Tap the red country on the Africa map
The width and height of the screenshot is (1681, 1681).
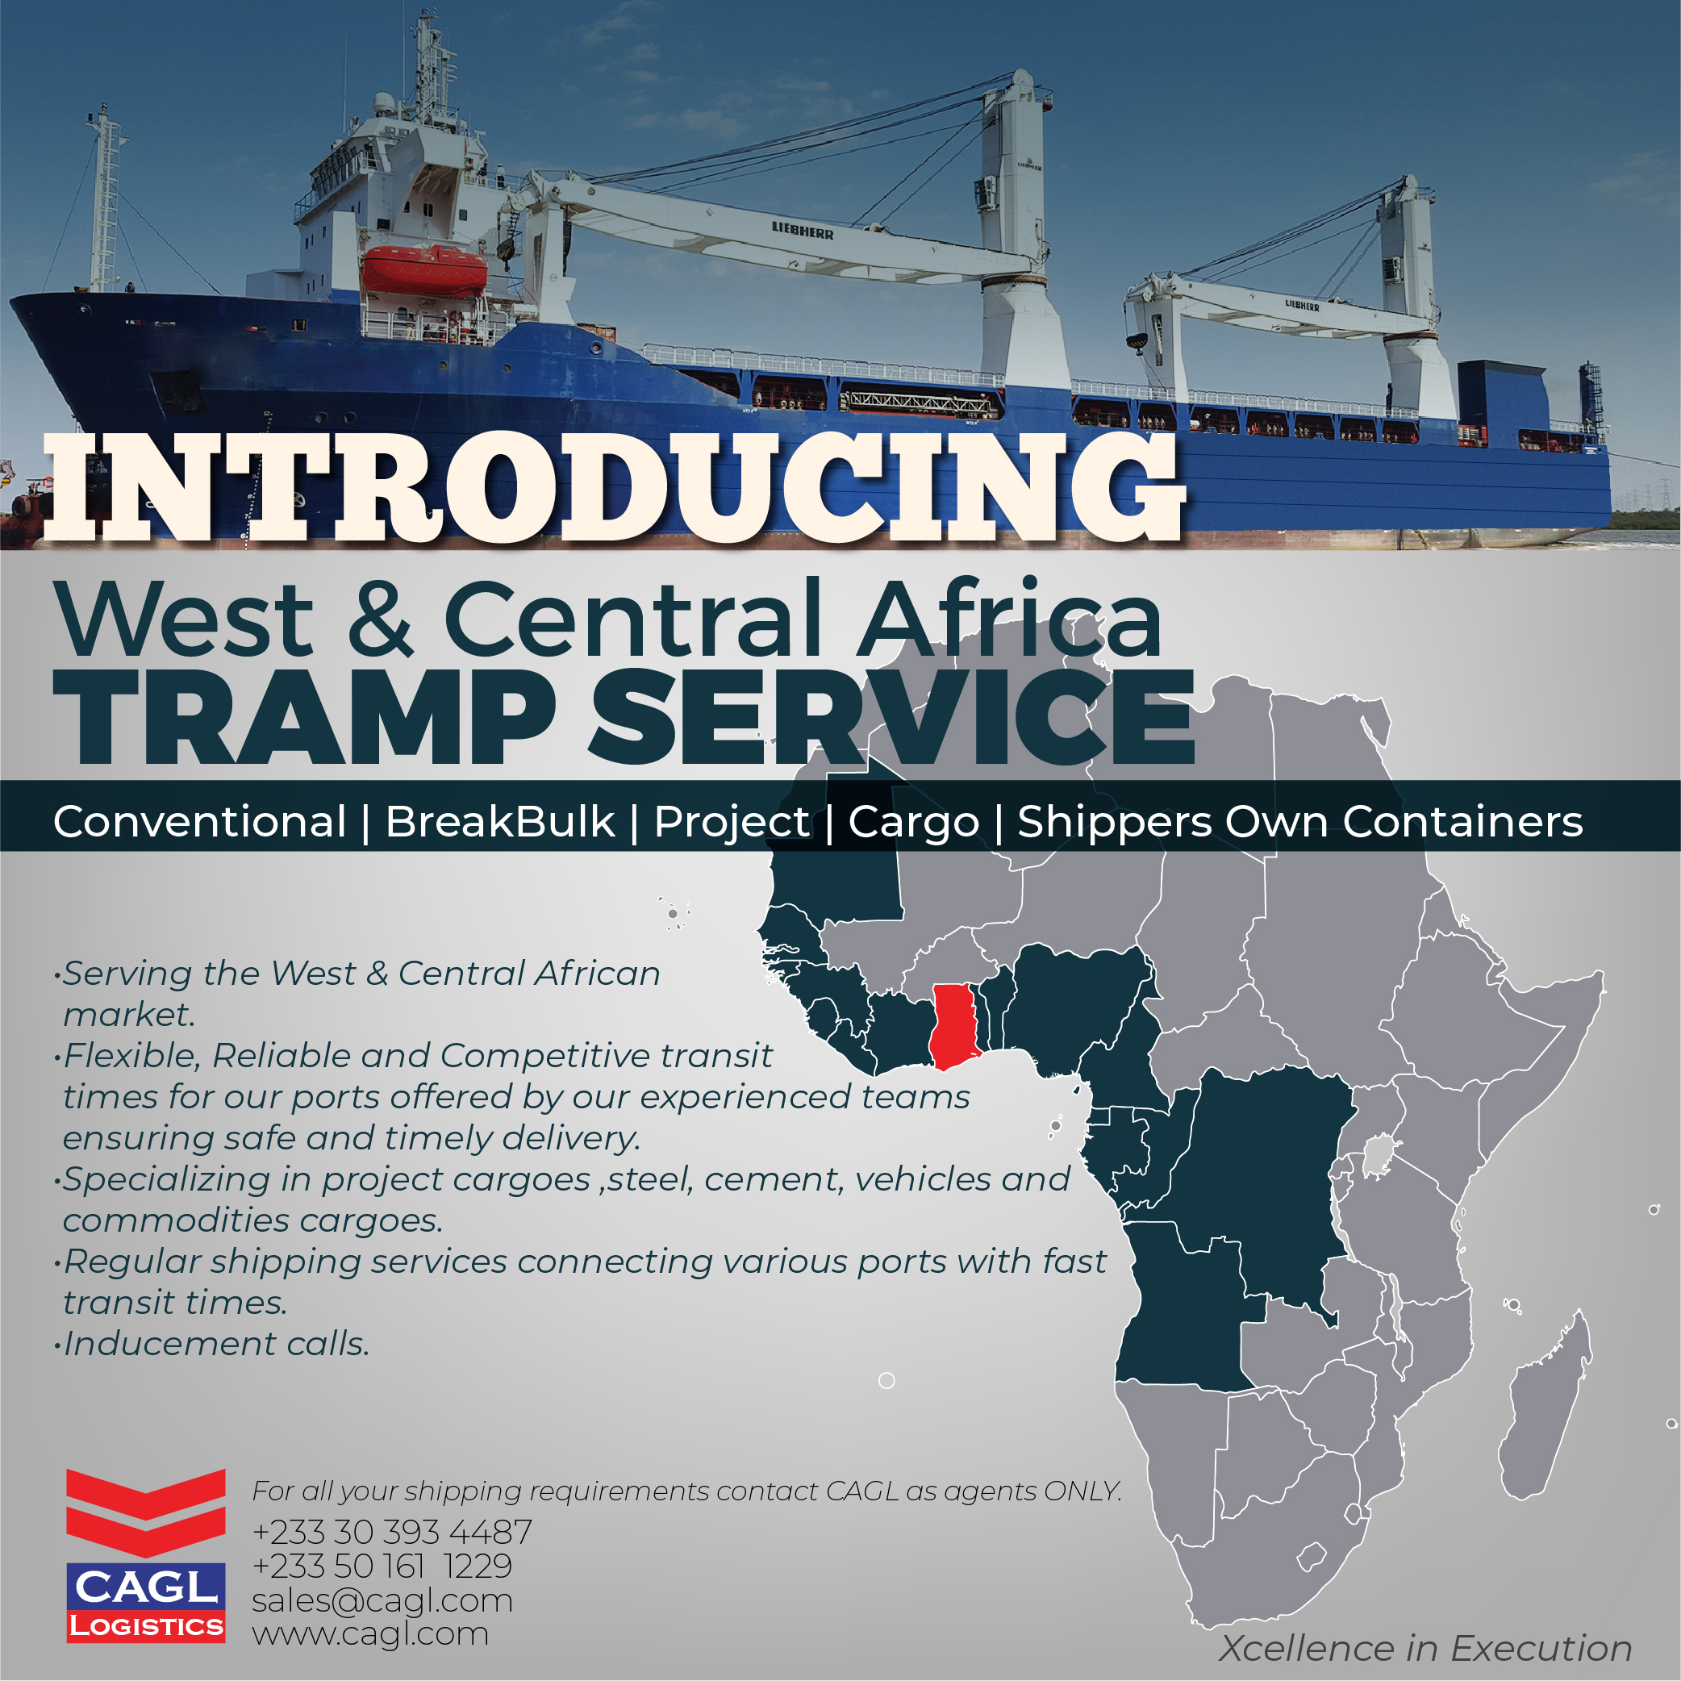coord(954,1027)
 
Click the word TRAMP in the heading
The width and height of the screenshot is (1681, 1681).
coord(305,718)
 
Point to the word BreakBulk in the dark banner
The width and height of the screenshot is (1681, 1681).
coord(499,821)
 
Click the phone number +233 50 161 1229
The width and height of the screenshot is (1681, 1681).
coord(382,1566)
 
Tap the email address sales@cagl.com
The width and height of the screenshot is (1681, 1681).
coord(382,1601)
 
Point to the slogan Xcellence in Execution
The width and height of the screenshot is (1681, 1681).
coord(1425,1648)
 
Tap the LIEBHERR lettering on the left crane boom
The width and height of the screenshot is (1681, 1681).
coord(803,230)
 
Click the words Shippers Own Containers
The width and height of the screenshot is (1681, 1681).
coord(1300,821)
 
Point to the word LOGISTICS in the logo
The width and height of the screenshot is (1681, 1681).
coord(146,1626)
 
